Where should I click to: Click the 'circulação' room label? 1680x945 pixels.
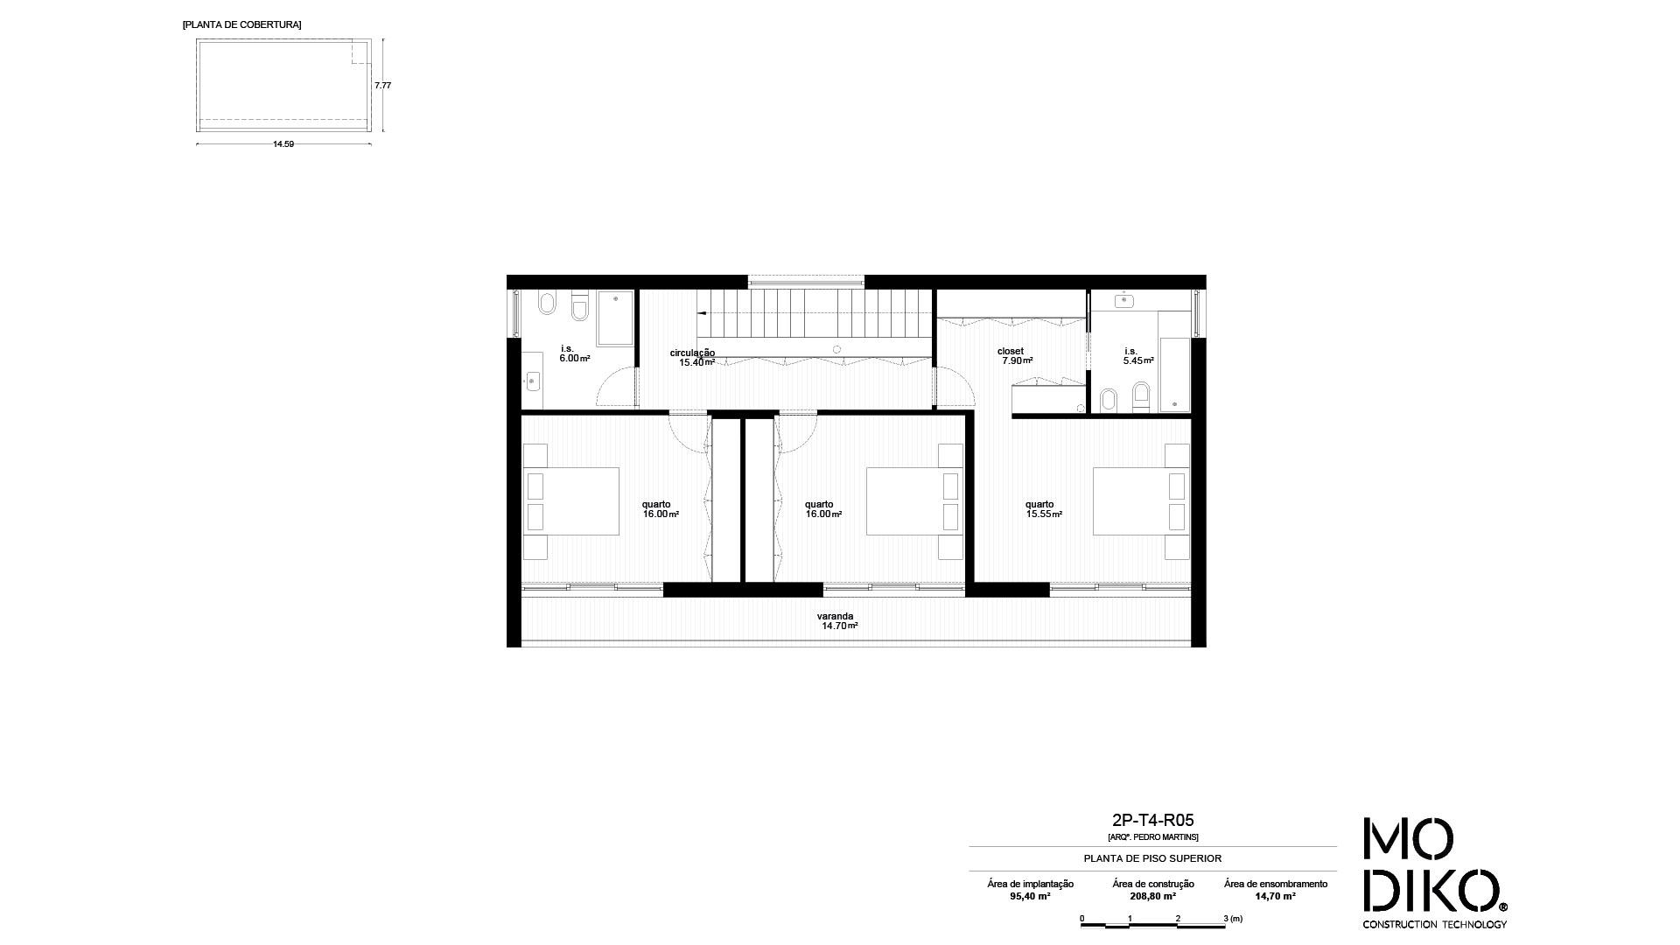pyautogui.click(x=692, y=353)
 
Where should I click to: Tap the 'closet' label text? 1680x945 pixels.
pyautogui.click(x=1011, y=351)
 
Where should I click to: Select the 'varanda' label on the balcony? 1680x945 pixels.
pyautogui.click(x=835, y=616)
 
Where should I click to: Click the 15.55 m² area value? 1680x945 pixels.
pyautogui.click(x=1045, y=514)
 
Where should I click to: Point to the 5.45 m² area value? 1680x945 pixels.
pyautogui.click(x=1139, y=360)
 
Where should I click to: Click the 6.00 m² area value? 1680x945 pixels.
pyautogui.click(x=575, y=358)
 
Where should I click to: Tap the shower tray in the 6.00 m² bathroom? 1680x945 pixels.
pyautogui.click(x=615, y=318)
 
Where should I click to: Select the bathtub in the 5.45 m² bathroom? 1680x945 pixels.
pyautogui.click(x=1174, y=374)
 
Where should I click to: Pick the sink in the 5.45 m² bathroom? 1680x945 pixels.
pyautogui.click(x=1123, y=301)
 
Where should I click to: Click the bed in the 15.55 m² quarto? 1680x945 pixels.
pyautogui.click(x=1141, y=501)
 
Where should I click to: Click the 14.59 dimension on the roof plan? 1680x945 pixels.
pyautogui.click(x=283, y=144)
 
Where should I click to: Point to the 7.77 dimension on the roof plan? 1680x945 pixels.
pyautogui.click(x=382, y=85)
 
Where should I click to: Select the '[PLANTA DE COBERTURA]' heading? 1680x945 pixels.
pyautogui.click(x=241, y=24)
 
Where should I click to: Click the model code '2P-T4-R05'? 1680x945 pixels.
pyautogui.click(x=1152, y=821)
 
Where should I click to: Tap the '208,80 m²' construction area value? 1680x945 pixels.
pyautogui.click(x=1152, y=896)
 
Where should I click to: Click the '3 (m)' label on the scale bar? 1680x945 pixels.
pyautogui.click(x=1233, y=919)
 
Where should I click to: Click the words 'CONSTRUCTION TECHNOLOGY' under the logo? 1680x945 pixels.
pyautogui.click(x=1434, y=924)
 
